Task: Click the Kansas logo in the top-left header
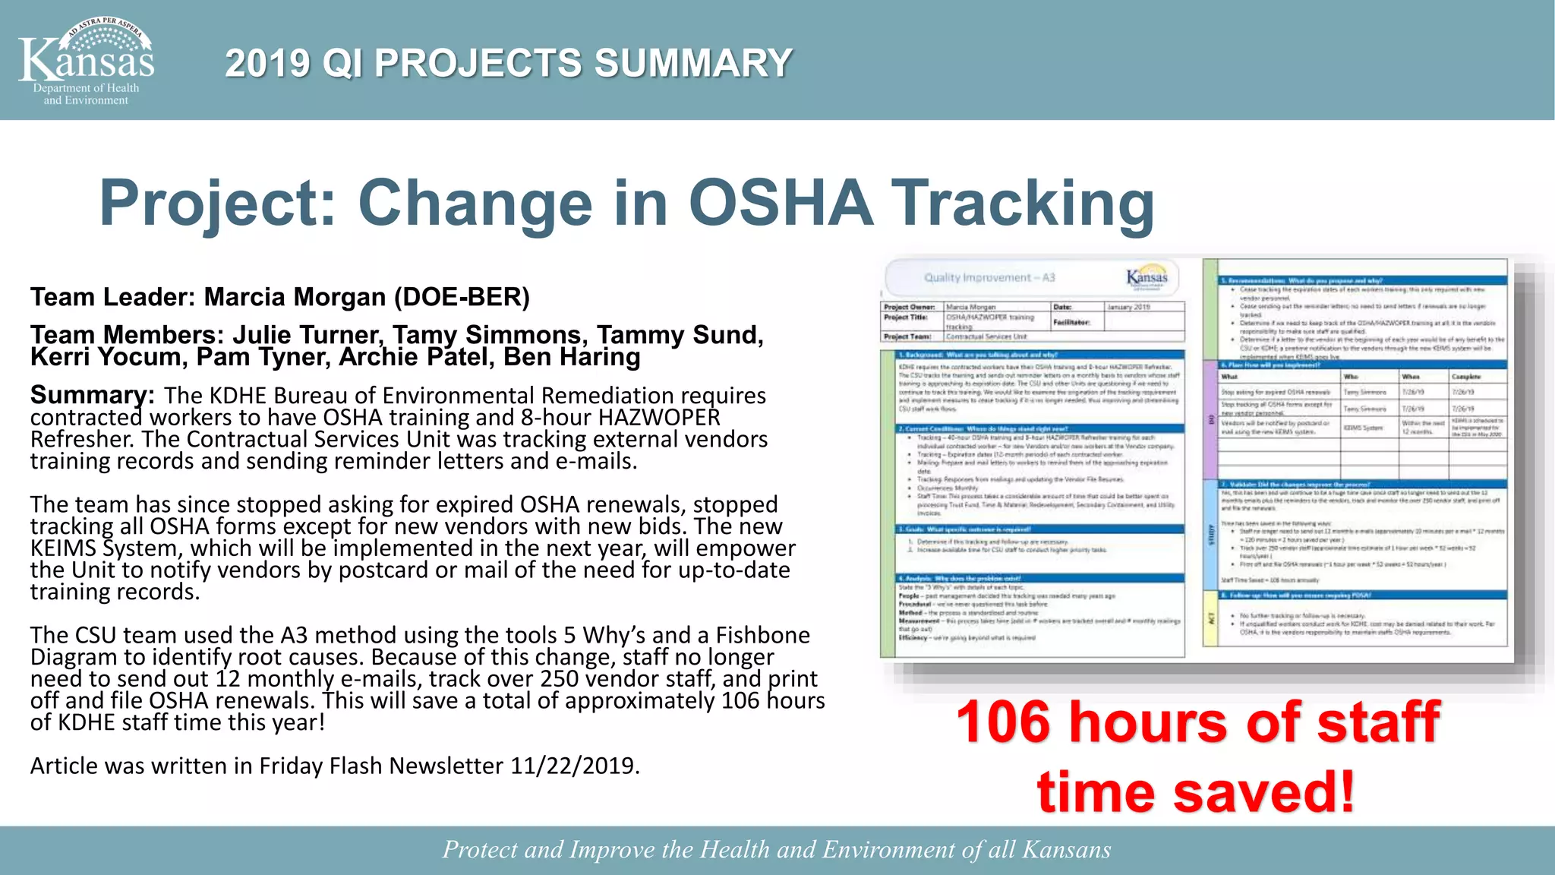coord(87,61)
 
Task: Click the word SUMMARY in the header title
coord(693,63)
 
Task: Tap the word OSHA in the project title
coord(781,203)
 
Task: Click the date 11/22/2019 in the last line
coord(575,766)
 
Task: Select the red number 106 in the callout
coord(1005,722)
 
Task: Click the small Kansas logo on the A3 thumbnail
coord(1147,276)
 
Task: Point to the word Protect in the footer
coord(480,850)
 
